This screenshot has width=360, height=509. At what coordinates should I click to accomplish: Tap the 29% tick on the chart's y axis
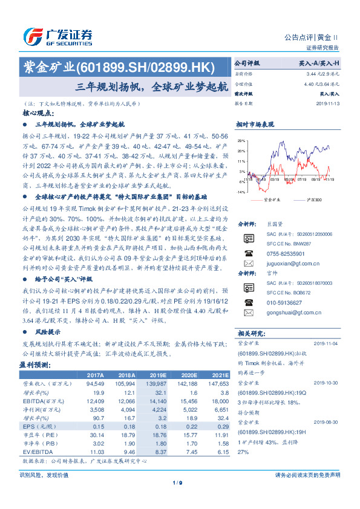[x=241, y=141]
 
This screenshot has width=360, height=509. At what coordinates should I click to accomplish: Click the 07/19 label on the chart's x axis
[x=290, y=180]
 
